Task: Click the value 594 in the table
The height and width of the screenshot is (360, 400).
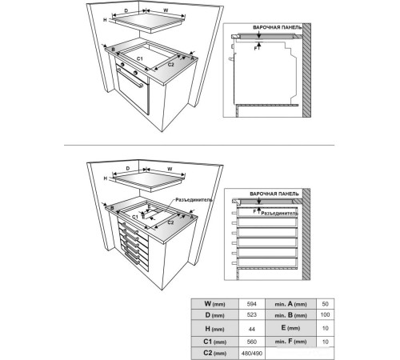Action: (x=252, y=304)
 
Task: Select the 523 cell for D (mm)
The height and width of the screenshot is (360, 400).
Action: (x=252, y=314)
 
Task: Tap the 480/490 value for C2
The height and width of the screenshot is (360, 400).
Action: (x=252, y=354)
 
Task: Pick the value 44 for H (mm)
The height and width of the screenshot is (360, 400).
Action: (x=252, y=329)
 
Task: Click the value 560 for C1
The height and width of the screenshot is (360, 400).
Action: (x=252, y=342)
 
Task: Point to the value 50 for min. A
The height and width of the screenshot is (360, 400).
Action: (x=325, y=304)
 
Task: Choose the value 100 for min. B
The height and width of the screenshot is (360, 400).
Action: (x=325, y=314)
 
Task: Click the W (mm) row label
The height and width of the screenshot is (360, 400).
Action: (x=214, y=304)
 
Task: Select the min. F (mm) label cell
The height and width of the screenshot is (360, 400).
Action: (x=290, y=342)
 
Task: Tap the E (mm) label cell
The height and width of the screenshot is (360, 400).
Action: (x=290, y=328)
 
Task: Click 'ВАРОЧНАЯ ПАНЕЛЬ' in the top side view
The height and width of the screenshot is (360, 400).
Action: (x=278, y=27)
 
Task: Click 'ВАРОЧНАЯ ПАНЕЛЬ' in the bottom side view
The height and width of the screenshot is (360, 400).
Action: (x=274, y=194)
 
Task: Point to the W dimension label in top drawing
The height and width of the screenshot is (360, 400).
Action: (x=166, y=10)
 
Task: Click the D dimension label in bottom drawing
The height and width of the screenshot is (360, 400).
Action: (x=128, y=169)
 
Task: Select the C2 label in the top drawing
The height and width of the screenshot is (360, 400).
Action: (x=171, y=65)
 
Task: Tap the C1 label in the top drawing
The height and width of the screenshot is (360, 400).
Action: (x=140, y=58)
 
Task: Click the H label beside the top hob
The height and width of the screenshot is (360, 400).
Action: (x=105, y=20)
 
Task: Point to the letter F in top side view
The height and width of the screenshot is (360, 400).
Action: (x=256, y=49)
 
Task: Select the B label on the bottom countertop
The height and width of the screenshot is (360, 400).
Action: (x=112, y=208)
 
